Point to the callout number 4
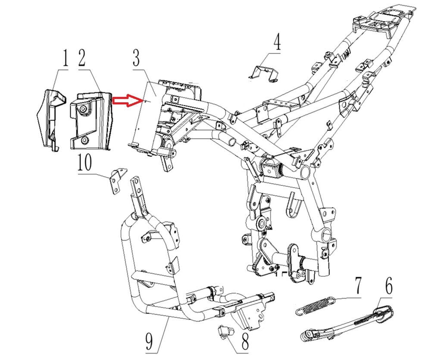click(277, 43)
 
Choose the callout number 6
click(388, 285)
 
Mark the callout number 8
click(244, 343)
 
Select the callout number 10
click(85, 164)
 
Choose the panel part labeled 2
click(89, 121)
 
